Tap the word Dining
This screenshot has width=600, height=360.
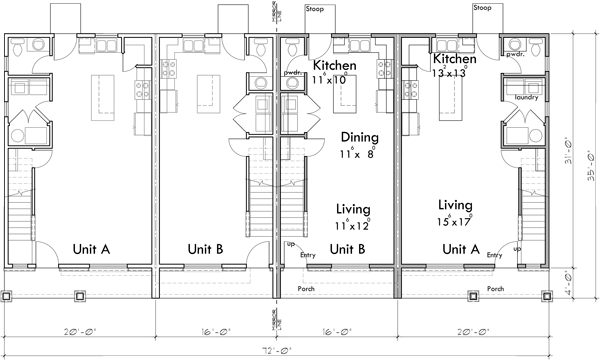(358, 137)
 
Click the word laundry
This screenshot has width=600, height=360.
(528, 98)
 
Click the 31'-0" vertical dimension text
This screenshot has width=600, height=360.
(566, 150)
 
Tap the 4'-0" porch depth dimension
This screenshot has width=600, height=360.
(566, 280)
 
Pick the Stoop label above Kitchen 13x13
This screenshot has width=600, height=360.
(482, 7)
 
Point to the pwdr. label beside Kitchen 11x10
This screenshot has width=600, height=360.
(293, 73)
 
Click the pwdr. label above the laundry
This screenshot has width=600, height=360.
(515, 55)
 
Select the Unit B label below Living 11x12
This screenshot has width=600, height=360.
(347, 248)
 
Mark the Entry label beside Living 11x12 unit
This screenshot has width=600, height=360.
(309, 257)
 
